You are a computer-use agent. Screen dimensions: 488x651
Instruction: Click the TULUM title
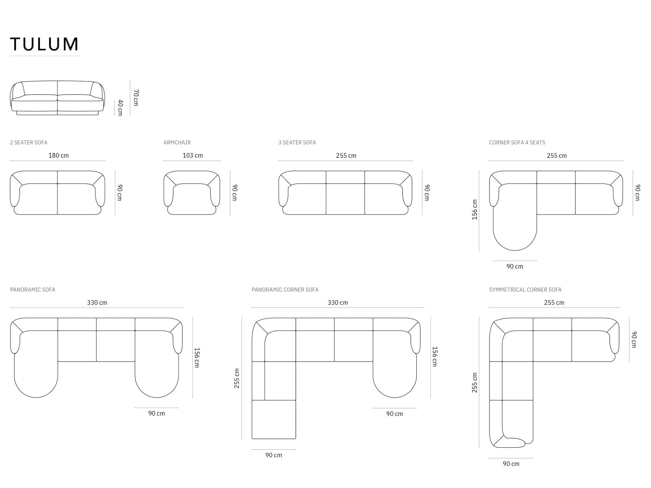44,44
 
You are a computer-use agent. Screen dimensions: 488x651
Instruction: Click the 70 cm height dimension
135,98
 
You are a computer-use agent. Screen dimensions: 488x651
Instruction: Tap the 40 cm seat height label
120,107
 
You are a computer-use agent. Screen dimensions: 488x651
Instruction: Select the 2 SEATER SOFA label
28,142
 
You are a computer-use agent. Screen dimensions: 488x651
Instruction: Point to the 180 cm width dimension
59,155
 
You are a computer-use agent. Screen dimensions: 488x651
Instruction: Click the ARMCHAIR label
177,142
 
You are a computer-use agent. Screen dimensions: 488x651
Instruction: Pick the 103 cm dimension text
193,155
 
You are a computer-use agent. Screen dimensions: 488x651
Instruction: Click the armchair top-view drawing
192,193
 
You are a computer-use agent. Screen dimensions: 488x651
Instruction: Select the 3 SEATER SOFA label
297,142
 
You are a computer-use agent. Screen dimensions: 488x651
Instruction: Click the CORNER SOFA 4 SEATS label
517,142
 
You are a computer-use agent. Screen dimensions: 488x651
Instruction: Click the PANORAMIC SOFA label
33,290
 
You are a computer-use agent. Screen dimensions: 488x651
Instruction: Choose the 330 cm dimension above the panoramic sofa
97,303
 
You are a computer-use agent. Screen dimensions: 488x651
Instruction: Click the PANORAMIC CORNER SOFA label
285,290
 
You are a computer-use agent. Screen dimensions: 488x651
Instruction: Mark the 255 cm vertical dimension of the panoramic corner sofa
237,378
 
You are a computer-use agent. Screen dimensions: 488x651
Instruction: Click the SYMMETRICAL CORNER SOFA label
525,290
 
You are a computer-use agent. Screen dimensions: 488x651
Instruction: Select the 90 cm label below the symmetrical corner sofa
511,464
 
